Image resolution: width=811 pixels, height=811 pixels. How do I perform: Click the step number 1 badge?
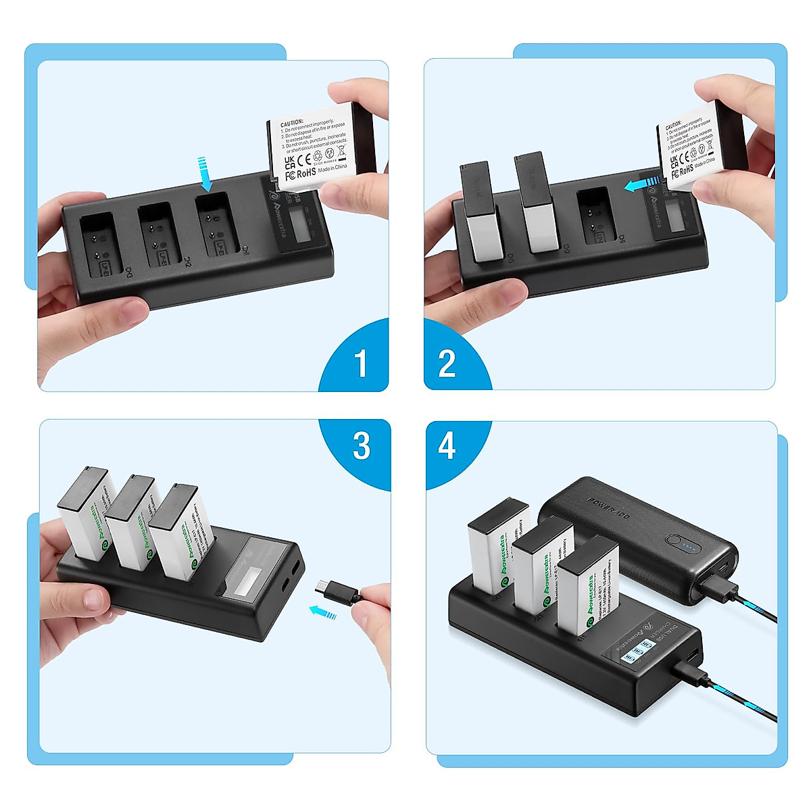(x=360, y=363)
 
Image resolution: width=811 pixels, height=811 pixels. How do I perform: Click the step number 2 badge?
(x=447, y=363)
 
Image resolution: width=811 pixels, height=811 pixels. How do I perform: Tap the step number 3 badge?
(x=362, y=446)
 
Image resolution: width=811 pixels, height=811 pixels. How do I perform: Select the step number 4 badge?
(x=447, y=446)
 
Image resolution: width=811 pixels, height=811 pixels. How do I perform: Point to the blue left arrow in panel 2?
(x=641, y=185)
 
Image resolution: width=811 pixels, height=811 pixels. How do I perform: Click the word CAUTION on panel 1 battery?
(x=292, y=124)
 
